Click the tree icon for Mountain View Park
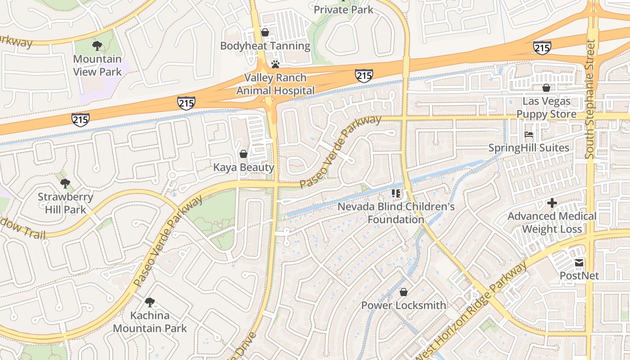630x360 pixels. (97, 45)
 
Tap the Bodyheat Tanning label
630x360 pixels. (265, 46)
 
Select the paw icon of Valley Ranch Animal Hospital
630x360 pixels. (275, 64)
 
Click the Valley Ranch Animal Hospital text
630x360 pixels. (275, 84)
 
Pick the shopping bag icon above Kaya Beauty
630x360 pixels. (243, 154)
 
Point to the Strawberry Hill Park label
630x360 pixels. (65, 203)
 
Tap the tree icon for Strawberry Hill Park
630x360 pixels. (65, 183)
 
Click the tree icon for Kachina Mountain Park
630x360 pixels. (149, 302)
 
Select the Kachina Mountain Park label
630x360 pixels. (149, 322)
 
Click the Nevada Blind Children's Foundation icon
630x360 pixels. (396, 194)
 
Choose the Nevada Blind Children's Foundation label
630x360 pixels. (396, 213)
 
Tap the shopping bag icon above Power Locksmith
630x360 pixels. (404, 292)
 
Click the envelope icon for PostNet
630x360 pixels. (579, 262)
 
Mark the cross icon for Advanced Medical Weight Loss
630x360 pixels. (552, 203)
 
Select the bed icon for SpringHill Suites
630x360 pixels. (529, 135)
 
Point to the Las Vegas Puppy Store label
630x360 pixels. (546, 108)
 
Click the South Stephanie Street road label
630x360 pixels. (590, 99)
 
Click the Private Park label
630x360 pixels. (343, 9)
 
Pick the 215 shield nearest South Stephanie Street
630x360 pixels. (542, 48)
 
